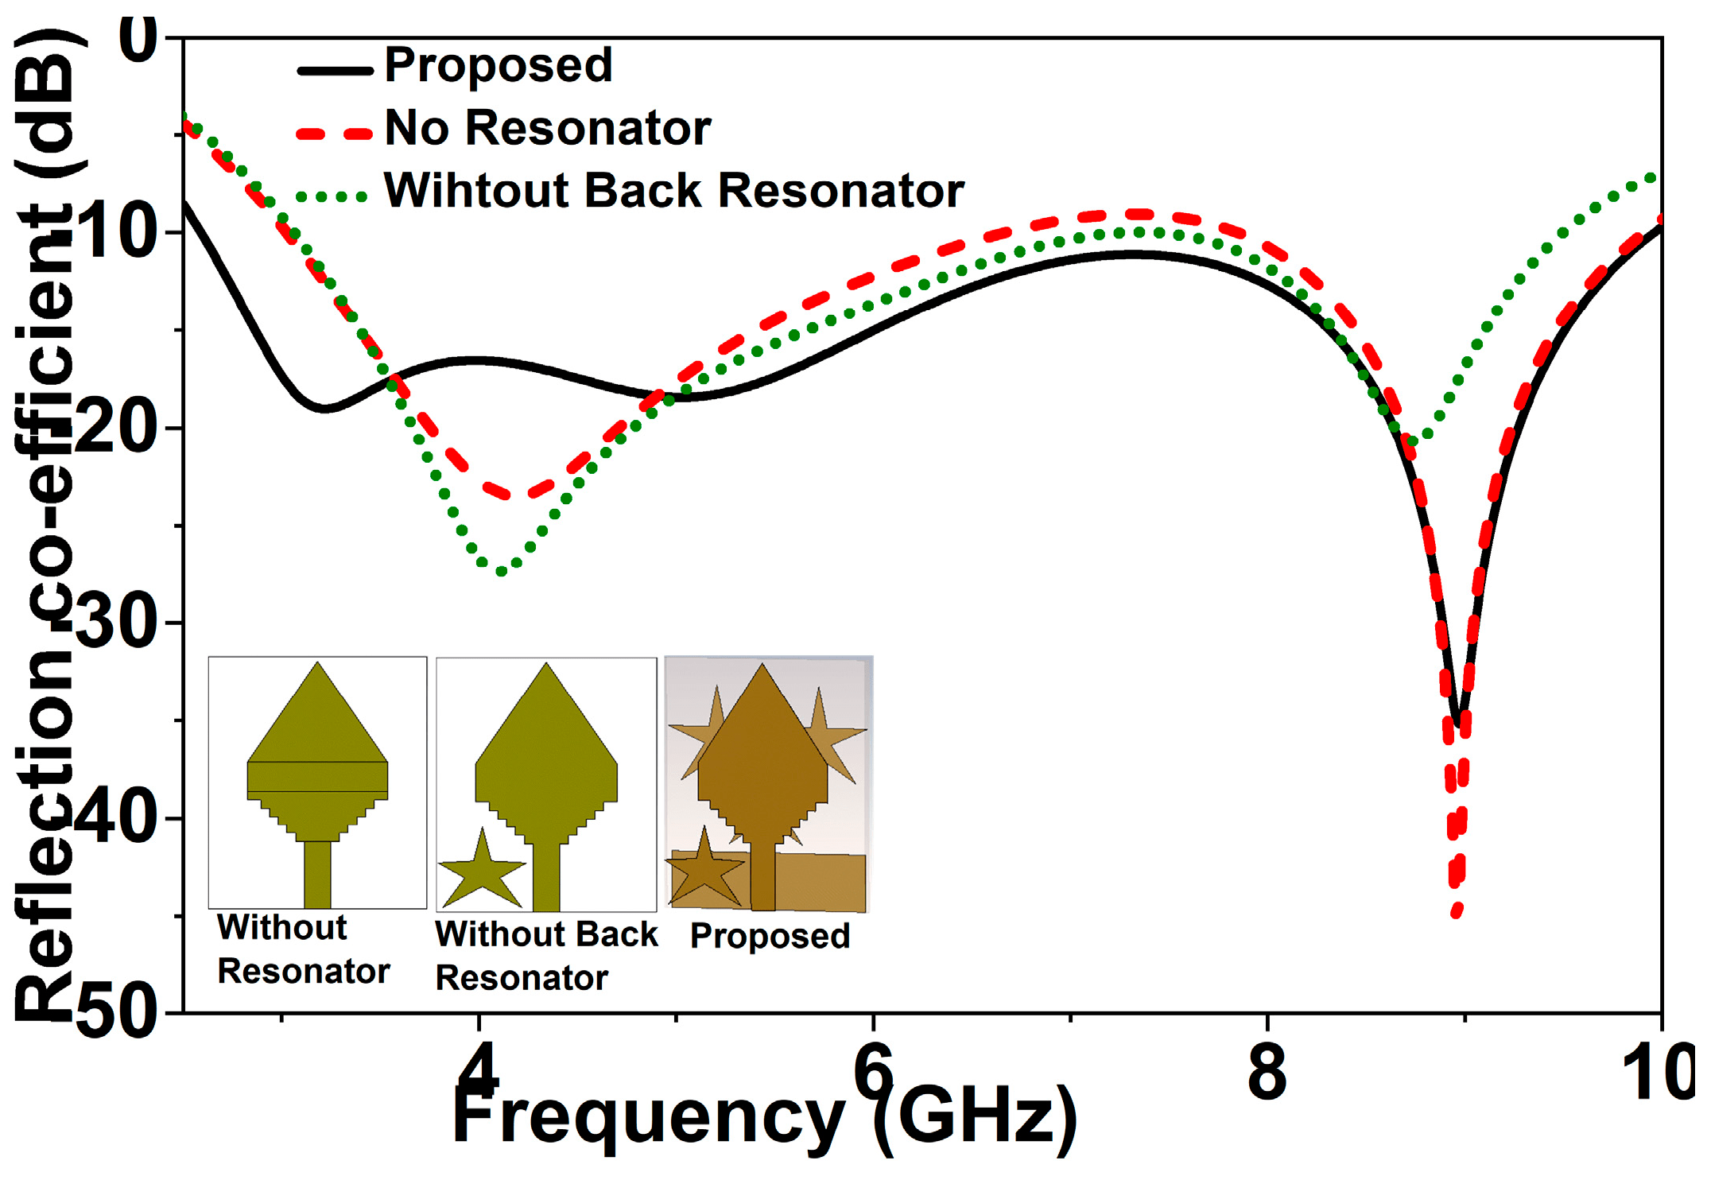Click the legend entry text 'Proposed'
(x=499, y=65)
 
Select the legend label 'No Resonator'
(x=547, y=128)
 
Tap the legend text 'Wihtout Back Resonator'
(x=673, y=191)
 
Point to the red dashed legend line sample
(x=335, y=134)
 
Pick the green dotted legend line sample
(x=332, y=197)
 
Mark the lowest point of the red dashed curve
(x=1457, y=911)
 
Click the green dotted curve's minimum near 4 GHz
(x=501, y=571)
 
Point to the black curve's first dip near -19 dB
(x=324, y=409)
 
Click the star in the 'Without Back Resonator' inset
(x=482, y=871)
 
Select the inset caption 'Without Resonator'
(x=304, y=949)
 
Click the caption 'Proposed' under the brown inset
(x=770, y=936)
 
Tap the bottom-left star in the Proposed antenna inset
(x=704, y=868)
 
